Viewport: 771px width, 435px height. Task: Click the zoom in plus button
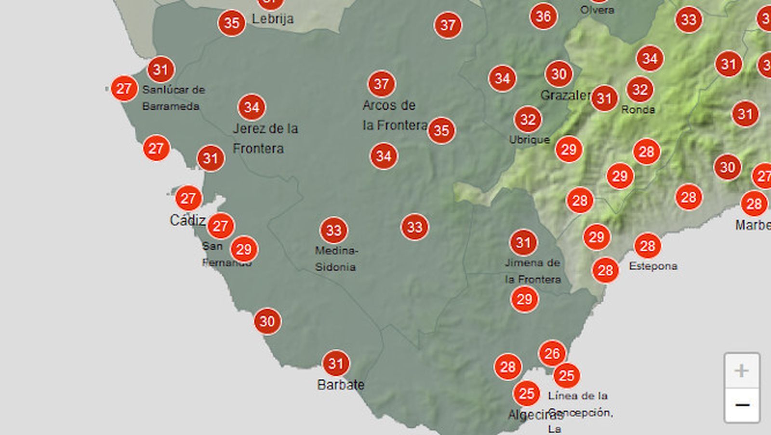(x=742, y=370)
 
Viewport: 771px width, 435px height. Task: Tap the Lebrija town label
(x=273, y=19)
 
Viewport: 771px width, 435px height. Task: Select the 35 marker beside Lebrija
(x=232, y=23)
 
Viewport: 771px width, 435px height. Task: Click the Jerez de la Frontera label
(x=265, y=138)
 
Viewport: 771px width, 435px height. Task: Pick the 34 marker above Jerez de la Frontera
(x=252, y=107)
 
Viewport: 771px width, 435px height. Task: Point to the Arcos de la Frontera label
(x=394, y=115)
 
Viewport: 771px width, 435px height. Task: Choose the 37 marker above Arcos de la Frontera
(x=381, y=84)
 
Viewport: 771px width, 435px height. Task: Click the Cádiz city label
(x=187, y=220)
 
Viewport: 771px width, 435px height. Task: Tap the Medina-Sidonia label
(x=336, y=258)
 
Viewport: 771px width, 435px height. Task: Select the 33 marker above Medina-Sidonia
(x=333, y=231)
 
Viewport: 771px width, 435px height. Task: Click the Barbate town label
(x=340, y=385)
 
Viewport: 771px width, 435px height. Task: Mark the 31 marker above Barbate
(x=335, y=363)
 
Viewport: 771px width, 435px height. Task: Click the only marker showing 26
(x=552, y=354)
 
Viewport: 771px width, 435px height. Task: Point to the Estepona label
(x=653, y=266)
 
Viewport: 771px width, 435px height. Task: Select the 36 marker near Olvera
(x=543, y=16)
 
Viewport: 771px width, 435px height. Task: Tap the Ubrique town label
(x=529, y=140)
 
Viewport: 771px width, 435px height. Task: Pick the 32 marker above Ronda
(x=640, y=90)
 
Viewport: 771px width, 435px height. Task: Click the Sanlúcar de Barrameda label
(x=173, y=98)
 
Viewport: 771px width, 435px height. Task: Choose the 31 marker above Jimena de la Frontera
(x=523, y=242)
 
